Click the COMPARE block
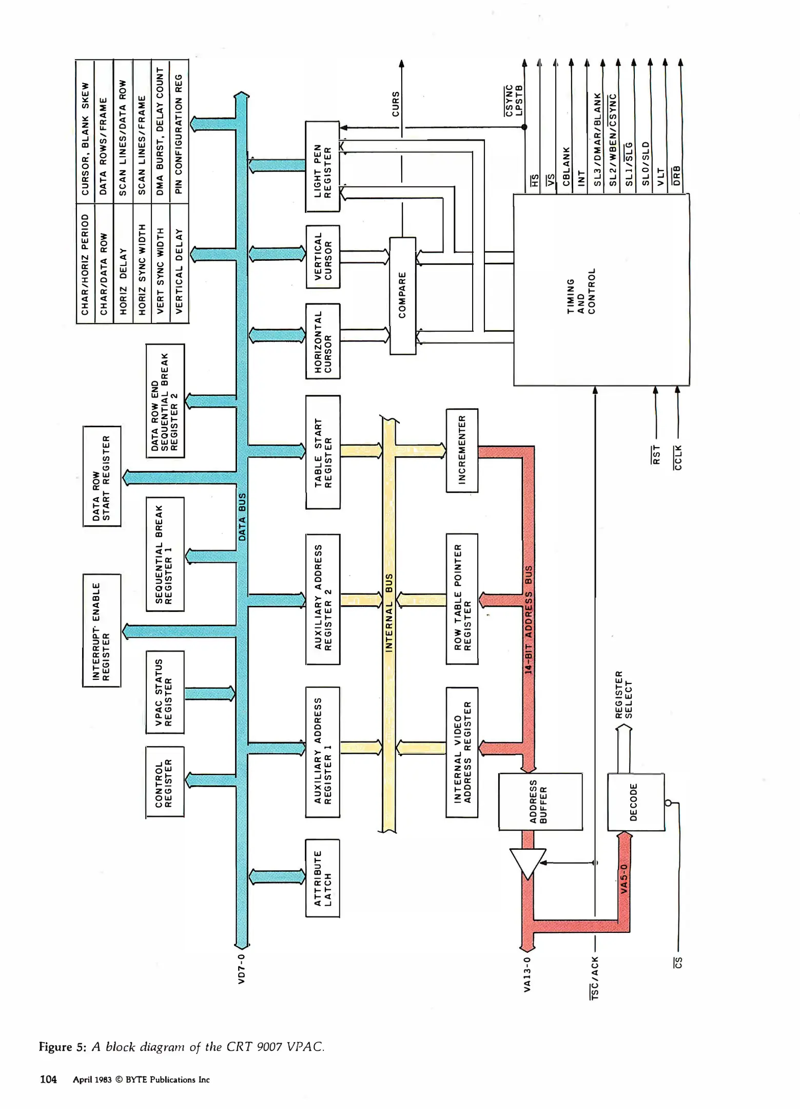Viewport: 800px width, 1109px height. (x=403, y=295)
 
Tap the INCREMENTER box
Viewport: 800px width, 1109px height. (x=462, y=450)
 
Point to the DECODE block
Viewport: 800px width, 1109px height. (x=635, y=802)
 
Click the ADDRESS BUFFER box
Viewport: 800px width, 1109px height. (x=540, y=801)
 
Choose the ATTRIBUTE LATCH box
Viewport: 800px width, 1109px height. (x=323, y=878)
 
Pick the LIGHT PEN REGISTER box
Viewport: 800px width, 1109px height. (x=323, y=166)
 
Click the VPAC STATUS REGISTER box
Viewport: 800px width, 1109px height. (x=165, y=692)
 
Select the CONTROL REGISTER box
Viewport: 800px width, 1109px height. (x=165, y=781)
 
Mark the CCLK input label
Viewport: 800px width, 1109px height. (x=678, y=457)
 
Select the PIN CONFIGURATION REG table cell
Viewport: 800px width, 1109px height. (x=179, y=132)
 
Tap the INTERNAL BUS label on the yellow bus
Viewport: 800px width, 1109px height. (x=389, y=613)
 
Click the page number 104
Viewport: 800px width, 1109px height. (x=48, y=1079)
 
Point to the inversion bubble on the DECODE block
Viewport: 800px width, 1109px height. (x=668, y=802)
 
